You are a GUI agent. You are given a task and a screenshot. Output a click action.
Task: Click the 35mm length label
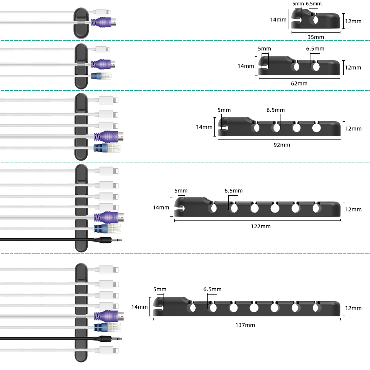[x=316, y=37]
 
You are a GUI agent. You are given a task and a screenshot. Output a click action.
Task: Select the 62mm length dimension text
[x=299, y=83]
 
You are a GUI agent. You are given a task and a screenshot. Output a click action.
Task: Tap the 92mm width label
[x=282, y=145]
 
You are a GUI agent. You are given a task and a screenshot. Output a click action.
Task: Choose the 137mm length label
[x=245, y=325]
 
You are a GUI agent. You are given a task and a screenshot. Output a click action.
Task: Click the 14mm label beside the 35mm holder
[x=278, y=20]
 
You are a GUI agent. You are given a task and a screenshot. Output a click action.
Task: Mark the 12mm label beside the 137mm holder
[x=353, y=308]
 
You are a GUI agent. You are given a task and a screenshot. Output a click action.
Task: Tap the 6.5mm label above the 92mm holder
[x=276, y=110]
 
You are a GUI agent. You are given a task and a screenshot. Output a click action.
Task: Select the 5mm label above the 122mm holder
[x=181, y=191]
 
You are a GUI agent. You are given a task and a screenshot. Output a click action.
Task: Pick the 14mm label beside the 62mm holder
[x=246, y=66]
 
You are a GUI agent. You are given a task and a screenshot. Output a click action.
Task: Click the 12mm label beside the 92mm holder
[x=353, y=128]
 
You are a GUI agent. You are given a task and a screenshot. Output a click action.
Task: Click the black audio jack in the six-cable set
[x=109, y=240]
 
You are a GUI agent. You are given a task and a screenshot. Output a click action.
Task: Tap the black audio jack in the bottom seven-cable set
[x=109, y=338]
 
